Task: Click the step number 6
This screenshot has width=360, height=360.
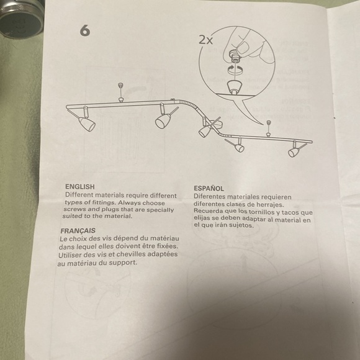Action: (85, 30)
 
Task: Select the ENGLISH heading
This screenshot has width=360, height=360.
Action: (80, 186)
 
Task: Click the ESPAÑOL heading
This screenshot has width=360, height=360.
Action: (209, 188)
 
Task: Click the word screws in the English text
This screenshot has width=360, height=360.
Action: (78, 210)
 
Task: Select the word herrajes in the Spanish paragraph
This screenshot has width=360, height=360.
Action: (270, 205)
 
